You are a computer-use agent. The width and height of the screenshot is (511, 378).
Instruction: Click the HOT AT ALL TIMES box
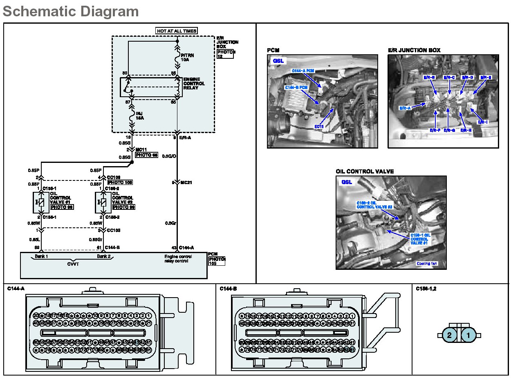[x=177, y=31]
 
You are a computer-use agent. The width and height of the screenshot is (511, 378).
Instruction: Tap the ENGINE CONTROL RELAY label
[x=194, y=84]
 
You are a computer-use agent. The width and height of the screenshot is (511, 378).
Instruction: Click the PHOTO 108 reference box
[x=121, y=182]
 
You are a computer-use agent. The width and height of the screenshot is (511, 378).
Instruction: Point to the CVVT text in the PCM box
[x=74, y=264]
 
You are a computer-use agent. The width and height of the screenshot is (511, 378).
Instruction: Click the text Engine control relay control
[x=178, y=259]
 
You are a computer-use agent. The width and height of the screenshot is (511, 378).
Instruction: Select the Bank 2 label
[x=103, y=257]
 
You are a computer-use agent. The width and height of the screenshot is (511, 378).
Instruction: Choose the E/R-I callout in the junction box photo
[x=483, y=122]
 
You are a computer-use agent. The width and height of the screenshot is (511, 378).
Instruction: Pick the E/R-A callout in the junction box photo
[x=405, y=108]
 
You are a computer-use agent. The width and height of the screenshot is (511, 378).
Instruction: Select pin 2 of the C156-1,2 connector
[x=449, y=335]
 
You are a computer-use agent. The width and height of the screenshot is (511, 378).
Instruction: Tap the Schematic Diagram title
[x=71, y=11]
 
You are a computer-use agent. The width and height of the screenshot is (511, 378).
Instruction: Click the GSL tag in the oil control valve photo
[x=347, y=182]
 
